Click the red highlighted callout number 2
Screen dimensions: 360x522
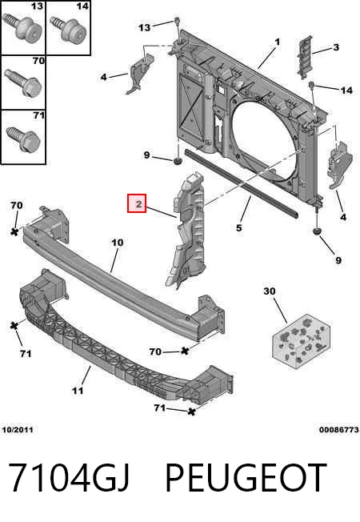point(137,203)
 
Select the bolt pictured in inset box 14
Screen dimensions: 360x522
point(68,29)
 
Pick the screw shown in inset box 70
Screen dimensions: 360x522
point(23,83)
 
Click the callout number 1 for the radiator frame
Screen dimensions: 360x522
point(277,42)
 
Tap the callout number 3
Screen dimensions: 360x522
point(336,47)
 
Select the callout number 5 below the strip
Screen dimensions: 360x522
point(238,227)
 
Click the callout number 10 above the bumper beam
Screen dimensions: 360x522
point(117,243)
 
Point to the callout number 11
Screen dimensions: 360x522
point(78,390)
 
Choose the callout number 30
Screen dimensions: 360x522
point(270,291)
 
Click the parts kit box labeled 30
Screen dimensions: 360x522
point(302,341)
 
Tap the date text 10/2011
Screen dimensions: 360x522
point(18,429)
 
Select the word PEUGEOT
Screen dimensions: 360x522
point(246,477)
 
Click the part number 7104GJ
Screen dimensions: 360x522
point(68,477)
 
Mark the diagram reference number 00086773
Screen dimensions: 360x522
point(339,429)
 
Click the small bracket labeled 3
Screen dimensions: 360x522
point(305,57)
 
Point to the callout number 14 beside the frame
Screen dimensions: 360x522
point(346,90)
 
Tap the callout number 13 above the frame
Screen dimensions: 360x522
point(144,27)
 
